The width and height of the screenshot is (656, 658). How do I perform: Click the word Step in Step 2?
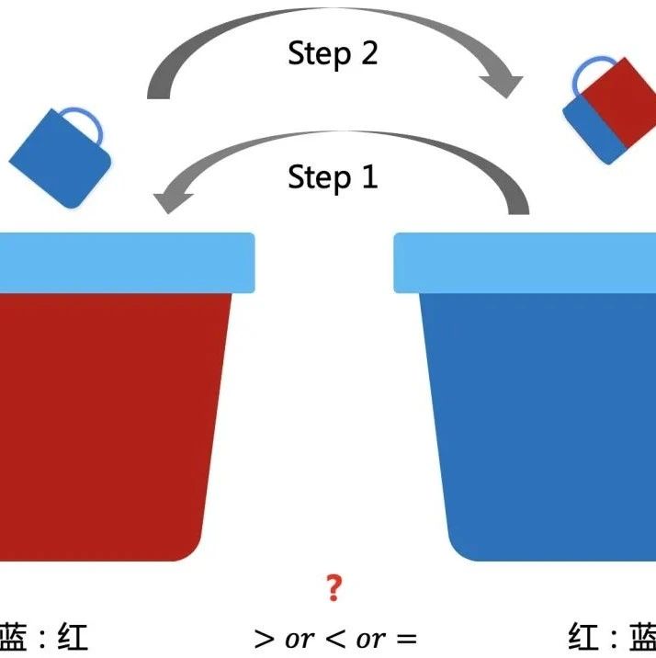click(320, 54)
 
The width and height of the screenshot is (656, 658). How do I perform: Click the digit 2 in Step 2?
click(369, 52)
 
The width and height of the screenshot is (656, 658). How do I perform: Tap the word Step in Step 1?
click(320, 178)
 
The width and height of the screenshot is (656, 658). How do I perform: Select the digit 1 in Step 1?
click(370, 176)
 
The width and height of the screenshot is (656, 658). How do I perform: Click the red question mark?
click(334, 588)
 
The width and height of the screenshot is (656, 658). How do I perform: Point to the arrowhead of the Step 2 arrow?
click(503, 86)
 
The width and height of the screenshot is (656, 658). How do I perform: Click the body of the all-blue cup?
click(59, 160)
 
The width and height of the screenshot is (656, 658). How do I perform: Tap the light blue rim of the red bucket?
click(127, 263)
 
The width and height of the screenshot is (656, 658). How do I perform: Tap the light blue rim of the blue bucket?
click(525, 263)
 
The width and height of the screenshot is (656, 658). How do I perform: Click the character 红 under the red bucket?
click(73, 637)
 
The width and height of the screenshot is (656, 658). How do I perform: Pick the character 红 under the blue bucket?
click(583, 637)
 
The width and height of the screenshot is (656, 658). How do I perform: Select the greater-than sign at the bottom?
click(264, 640)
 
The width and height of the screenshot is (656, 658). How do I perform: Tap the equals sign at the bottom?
click(407, 640)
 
